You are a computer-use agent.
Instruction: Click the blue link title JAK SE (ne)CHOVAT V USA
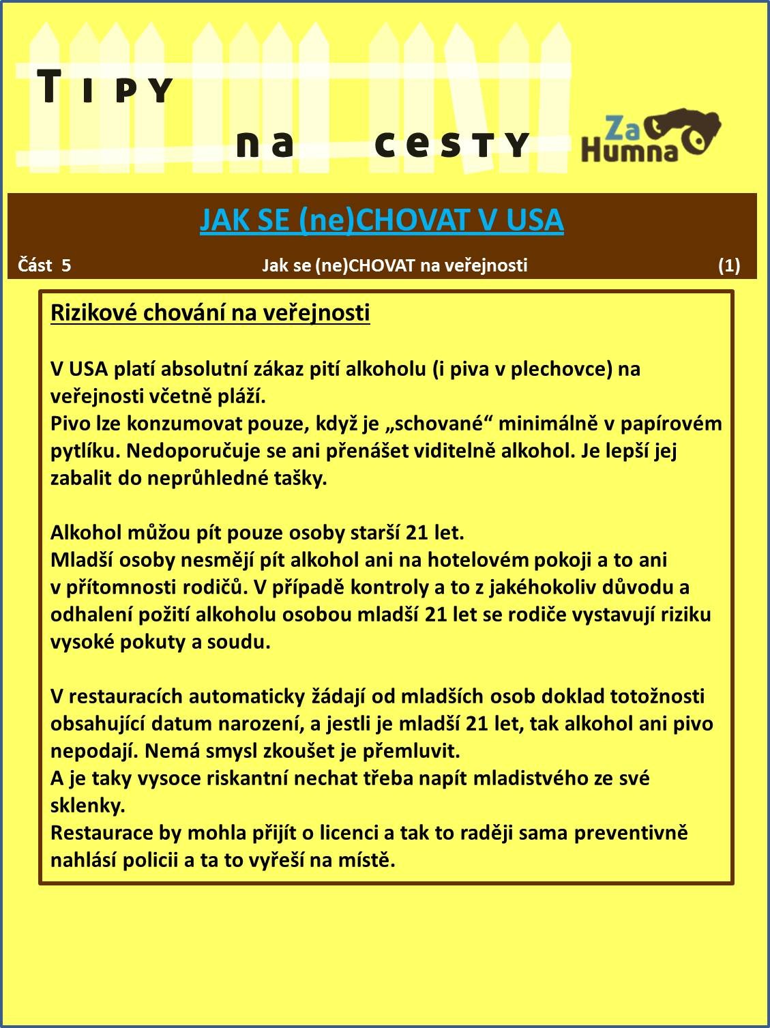pyautogui.click(x=381, y=220)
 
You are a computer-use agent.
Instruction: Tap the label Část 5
pyautogui.click(x=44, y=265)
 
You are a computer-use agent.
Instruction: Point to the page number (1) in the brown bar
pyautogui.click(x=728, y=265)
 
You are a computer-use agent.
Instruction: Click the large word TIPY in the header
pyautogui.click(x=106, y=89)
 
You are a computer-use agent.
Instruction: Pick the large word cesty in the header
pyautogui.click(x=451, y=144)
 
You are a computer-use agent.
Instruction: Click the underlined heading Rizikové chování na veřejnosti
pyautogui.click(x=210, y=312)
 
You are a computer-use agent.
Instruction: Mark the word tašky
pyautogui.click(x=302, y=478)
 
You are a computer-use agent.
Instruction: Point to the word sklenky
pyautogui.click(x=87, y=806)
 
